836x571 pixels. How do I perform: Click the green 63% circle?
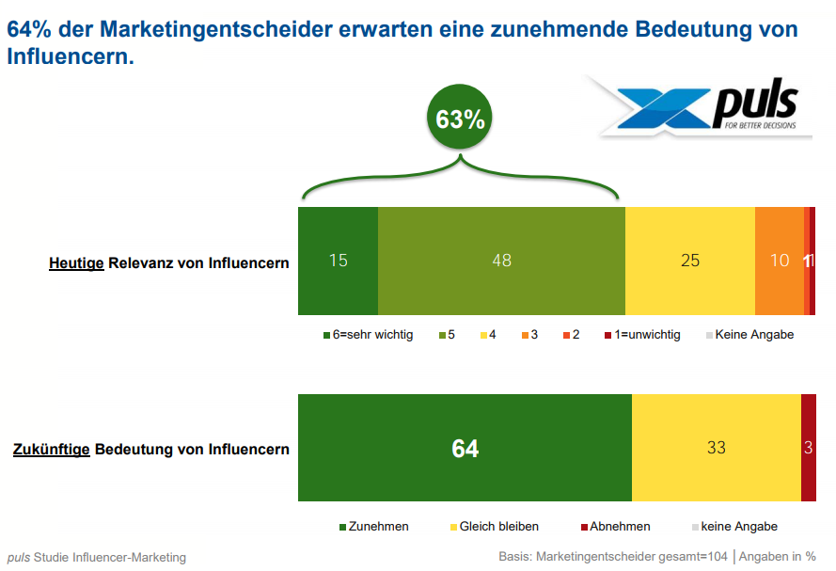460,119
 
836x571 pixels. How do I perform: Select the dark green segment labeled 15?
338,261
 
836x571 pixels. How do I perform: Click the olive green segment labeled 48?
501,261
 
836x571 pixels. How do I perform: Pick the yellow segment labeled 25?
690,261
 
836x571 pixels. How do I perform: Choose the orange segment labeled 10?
780,261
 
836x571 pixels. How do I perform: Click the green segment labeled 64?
465,449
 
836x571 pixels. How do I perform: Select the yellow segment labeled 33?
716,449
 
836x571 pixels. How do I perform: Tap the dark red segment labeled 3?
808,449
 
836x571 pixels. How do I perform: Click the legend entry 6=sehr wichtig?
368,334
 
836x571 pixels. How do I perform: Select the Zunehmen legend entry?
377,527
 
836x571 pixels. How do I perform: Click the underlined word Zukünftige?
52,450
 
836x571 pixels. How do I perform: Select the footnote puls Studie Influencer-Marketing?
97,557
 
